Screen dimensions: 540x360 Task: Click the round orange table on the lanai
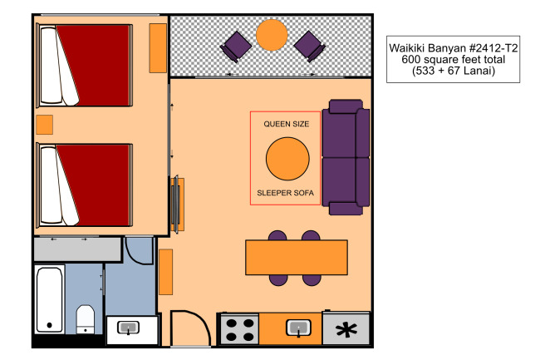coord(272,35)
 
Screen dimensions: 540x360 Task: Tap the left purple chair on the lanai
coord(236,47)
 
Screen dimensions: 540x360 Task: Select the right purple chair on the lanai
coord(310,47)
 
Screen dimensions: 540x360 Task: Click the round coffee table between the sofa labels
coord(287,159)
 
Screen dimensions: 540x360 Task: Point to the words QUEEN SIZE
coord(286,124)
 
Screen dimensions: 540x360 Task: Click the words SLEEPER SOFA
coord(286,193)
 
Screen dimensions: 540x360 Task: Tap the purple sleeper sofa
coord(346,157)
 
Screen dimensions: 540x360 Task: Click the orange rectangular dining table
coord(297,258)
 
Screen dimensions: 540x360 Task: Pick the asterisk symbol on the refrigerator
coord(346,330)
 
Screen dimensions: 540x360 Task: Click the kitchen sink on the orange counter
coord(298,328)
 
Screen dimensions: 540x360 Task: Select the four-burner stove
coord(239,329)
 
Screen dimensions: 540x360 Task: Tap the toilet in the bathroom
coord(85,319)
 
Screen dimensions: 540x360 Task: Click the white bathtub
coord(50,299)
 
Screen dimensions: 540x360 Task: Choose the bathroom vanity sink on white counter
coord(129,328)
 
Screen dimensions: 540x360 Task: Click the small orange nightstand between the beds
coord(44,125)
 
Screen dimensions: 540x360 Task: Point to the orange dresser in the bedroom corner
coord(158,48)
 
